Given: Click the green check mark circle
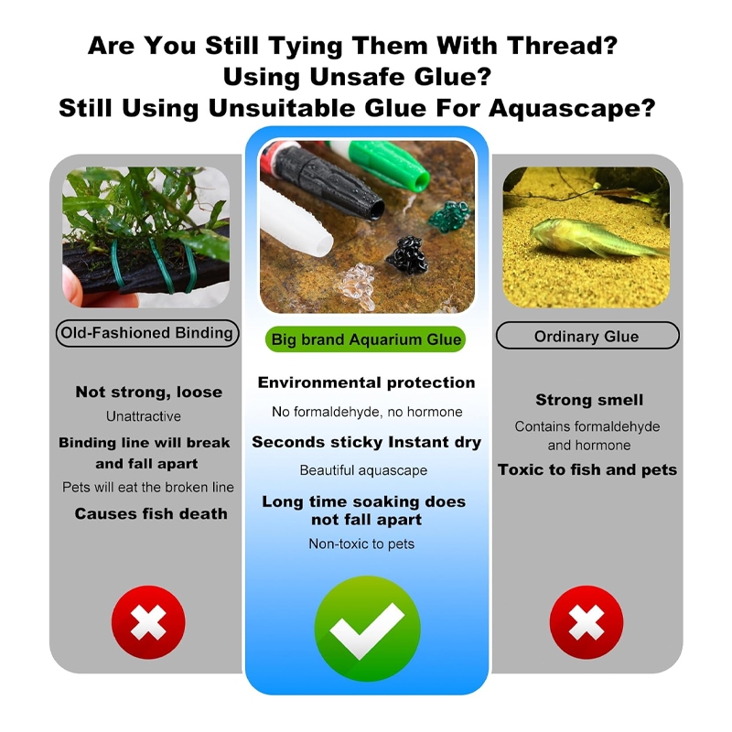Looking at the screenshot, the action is tap(367, 629).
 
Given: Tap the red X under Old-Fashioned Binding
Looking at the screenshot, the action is tap(148, 622).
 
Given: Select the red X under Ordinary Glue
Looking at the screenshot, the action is tap(587, 622).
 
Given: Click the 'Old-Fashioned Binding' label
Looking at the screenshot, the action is tap(147, 333).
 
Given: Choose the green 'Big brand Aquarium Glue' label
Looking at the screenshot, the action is tap(365, 339).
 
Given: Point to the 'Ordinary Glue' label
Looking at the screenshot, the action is tap(587, 336).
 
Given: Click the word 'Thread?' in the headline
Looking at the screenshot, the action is tap(563, 47).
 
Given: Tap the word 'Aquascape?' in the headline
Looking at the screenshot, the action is tap(573, 108).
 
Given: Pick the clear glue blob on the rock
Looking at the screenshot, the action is tap(358, 285).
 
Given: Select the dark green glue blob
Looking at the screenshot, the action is tap(449, 215).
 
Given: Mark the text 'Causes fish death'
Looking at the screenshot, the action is tap(151, 513).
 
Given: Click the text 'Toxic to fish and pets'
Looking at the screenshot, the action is tap(587, 469).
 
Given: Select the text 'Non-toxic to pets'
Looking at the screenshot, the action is tap(361, 544).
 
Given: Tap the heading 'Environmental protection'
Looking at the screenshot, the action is tap(367, 382).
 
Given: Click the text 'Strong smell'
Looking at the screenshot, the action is tap(589, 400).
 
